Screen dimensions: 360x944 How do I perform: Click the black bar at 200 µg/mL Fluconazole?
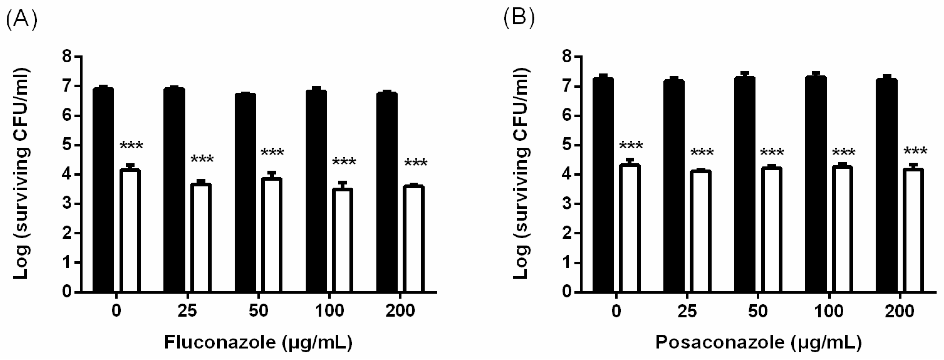387,192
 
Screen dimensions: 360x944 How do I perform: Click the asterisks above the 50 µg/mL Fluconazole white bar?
272,152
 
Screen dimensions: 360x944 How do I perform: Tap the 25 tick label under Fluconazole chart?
187,311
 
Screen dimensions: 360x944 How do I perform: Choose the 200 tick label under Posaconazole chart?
901,311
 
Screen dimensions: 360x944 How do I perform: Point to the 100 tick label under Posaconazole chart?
830,311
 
